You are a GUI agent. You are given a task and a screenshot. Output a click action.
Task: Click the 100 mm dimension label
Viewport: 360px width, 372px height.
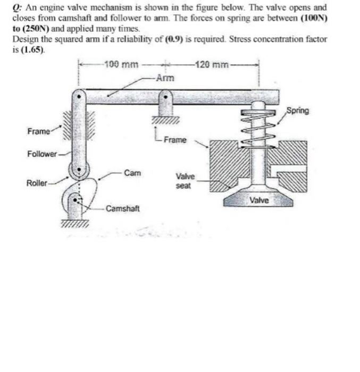click(121, 65)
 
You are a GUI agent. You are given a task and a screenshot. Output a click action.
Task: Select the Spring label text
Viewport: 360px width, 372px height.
click(297, 111)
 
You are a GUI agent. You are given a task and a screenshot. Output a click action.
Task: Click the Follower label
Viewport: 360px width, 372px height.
click(42, 154)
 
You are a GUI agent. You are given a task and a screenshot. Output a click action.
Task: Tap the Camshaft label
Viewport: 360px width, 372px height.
click(123, 208)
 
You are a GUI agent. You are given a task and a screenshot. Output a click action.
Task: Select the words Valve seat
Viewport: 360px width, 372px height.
click(185, 181)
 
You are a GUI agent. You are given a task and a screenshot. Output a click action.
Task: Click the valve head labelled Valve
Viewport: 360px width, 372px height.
click(259, 200)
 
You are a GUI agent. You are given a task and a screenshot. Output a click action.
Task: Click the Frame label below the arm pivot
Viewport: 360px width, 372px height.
click(175, 140)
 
